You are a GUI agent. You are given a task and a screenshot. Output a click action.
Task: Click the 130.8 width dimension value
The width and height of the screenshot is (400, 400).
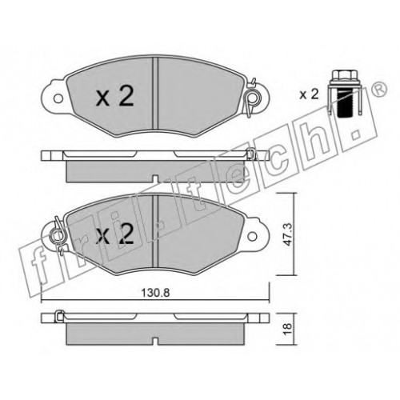coord(155,293)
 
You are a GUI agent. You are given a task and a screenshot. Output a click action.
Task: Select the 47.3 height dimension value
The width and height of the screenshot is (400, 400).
coord(289,235)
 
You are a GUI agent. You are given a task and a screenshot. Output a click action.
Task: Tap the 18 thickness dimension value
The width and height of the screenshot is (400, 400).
coord(289,329)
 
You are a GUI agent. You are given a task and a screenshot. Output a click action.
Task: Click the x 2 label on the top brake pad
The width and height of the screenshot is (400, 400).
coord(115,97)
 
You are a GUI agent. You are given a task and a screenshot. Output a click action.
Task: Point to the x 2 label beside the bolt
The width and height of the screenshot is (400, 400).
coord(309,94)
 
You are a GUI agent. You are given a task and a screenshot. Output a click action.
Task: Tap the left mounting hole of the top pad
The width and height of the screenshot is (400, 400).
coord(58,98)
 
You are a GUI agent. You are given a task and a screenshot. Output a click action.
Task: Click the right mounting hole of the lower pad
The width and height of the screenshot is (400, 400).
coord(252,236)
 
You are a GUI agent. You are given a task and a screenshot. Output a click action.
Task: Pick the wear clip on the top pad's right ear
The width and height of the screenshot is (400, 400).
coord(250,98)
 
